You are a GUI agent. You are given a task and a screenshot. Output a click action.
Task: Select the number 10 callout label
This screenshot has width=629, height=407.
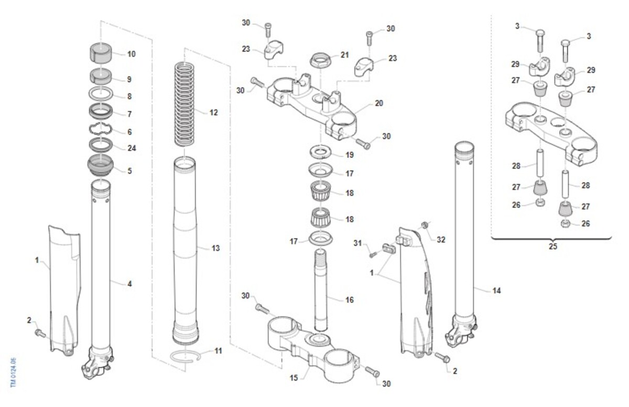pos(131,54)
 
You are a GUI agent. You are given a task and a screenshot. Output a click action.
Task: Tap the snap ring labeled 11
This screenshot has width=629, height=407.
pos(187,355)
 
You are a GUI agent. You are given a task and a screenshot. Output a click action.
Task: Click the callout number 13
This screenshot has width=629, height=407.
pos(215,248)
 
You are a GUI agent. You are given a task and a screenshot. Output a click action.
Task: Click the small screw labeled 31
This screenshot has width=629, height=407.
pos(373,254)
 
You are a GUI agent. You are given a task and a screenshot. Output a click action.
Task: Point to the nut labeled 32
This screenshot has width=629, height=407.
pos(425,226)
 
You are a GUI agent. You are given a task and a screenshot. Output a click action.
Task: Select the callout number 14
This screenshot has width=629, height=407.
pos(495,290)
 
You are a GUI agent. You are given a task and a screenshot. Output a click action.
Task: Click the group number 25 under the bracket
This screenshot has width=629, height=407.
pos(551,245)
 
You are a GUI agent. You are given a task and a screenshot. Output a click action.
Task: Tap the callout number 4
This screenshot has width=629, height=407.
pos(129,284)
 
